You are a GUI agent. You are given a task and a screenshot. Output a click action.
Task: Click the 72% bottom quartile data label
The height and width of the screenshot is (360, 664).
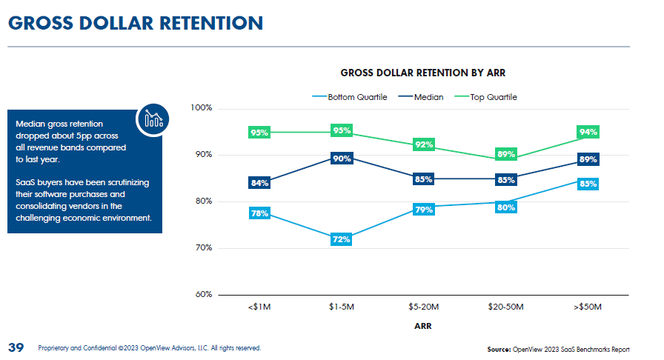(342, 239)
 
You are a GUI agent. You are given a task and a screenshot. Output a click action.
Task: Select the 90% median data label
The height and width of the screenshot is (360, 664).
(342, 159)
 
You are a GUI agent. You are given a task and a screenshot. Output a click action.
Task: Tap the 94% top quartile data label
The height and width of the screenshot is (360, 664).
(588, 132)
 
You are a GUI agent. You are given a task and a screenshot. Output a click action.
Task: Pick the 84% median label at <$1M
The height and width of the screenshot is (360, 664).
(259, 183)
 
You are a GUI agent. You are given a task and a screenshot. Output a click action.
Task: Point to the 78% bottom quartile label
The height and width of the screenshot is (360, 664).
(259, 214)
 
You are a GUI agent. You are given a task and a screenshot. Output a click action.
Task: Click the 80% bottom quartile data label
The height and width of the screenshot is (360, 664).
(506, 207)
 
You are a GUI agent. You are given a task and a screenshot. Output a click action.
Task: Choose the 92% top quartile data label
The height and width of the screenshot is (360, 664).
(424, 144)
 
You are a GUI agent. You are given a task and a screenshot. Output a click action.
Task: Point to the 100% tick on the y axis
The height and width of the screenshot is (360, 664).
(202, 108)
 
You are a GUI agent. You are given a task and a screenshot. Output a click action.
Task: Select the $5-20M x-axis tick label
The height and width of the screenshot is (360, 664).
(424, 307)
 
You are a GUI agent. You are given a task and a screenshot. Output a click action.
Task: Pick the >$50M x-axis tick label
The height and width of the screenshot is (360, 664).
(588, 307)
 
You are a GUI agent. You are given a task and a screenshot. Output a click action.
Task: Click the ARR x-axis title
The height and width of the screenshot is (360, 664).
(424, 326)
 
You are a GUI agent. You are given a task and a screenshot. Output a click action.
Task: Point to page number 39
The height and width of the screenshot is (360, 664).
(16, 347)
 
